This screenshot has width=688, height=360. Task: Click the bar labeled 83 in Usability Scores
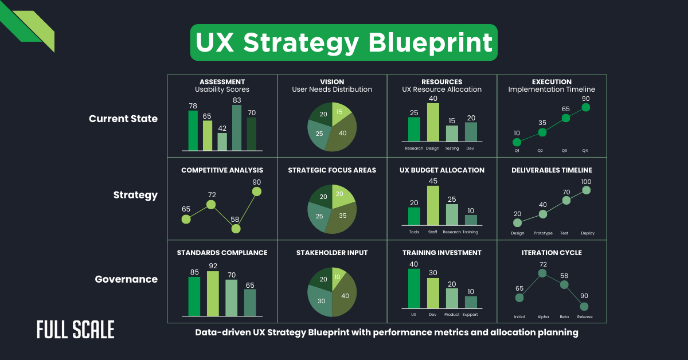[236, 127]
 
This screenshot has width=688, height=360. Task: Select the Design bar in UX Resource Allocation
[433, 122]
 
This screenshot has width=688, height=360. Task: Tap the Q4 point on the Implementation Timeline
[585, 107]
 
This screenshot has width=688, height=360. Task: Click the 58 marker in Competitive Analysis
[236, 228]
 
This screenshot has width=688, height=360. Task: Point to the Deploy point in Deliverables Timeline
[586, 190]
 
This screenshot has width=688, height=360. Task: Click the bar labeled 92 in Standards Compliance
[213, 294]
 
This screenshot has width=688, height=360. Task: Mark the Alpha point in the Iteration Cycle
[542, 273]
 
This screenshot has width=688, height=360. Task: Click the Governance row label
[126, 279]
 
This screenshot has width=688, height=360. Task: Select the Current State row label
[123, 119]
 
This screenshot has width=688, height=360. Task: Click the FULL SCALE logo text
[76, 330]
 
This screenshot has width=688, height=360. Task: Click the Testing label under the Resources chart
[452, 148]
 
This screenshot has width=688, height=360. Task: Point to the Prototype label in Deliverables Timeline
[542, 233]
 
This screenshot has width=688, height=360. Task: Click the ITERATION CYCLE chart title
[552, 252]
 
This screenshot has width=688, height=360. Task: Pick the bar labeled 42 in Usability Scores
[222, 142]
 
